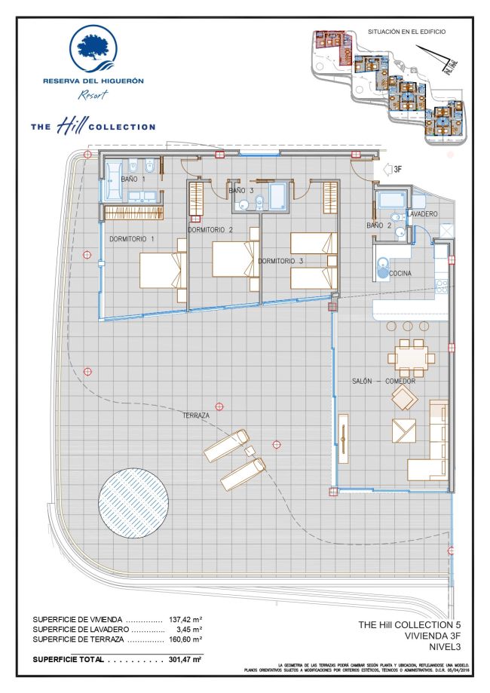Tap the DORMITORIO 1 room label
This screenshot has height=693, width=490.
coord(132,239)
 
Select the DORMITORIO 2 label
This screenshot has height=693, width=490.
coord(210,230)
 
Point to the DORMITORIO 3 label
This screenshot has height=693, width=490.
coord(280,261)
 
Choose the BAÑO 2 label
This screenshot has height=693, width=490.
coord(379,225)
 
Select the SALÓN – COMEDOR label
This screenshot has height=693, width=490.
coord(384,381)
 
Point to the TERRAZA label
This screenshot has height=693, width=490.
coord(195,415)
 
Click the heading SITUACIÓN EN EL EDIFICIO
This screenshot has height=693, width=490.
coord(406,32)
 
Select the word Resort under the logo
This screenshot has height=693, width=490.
coord(93,94)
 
